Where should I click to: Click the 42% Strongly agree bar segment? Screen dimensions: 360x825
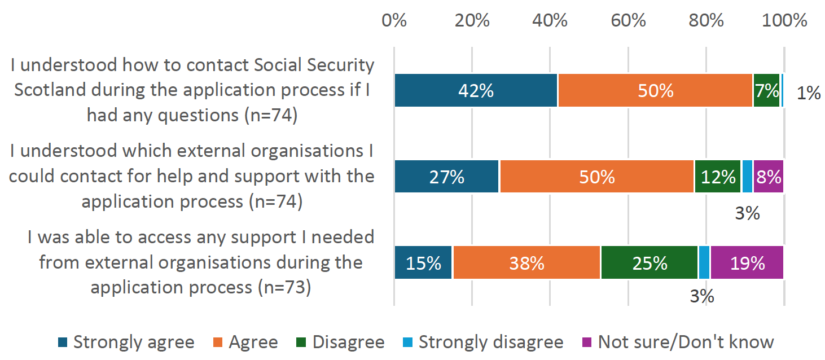point(476,90)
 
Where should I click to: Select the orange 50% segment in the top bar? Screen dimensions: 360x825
point(655,90)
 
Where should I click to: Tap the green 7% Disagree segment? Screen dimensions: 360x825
point(766,90)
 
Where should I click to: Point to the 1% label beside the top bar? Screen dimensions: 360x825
point(809,93)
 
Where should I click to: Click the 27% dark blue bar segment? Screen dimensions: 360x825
point(446,177)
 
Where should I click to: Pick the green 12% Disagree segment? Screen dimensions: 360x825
point(717,177)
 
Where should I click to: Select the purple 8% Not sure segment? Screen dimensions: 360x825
point(769,177)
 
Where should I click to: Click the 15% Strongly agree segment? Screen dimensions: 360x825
point(423,263)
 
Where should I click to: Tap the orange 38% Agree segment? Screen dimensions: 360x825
point(526,263)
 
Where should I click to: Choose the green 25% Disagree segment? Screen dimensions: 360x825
point(650,263)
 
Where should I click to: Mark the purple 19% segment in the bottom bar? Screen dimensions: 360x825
point(747,263)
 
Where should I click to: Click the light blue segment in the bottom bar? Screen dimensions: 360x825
point(704,263)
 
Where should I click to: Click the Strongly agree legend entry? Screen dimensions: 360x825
point(126,342)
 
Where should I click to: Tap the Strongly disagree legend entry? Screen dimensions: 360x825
point(484,342)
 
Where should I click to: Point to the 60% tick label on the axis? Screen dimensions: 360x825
point(629,21)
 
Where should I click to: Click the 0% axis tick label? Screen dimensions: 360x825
point(394,21)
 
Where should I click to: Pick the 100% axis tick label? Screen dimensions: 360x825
point(784,21)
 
